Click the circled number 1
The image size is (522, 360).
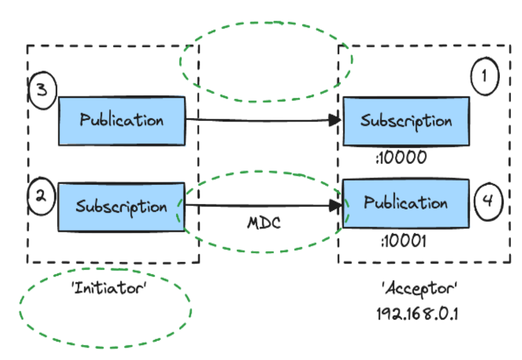point(485,76)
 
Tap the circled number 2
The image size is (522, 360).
point(40,197)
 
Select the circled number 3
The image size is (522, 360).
point(42,91)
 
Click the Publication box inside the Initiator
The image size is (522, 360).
point(122,120)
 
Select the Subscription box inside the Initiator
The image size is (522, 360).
point(122,206)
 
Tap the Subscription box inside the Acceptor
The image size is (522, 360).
point(406,120)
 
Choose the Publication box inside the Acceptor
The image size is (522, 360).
point(405,203)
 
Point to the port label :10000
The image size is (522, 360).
point(400,158)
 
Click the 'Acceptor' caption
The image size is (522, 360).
point(419,288)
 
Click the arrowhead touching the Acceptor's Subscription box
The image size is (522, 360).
point(335,120)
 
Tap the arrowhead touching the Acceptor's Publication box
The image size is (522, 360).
point(335,205)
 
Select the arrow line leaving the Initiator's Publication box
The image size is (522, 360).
point(258,120)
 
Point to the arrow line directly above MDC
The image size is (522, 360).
point(258,205)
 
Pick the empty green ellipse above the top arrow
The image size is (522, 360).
point(266,61)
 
